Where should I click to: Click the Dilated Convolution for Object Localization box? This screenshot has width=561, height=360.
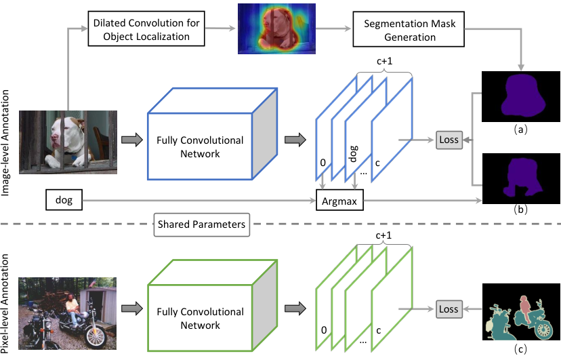tap(146, 29)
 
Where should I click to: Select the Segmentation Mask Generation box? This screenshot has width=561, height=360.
tap(409, 29)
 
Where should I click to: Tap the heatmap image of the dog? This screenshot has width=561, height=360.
tap(276, 28)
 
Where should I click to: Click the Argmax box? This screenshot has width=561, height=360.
tap(339, 201)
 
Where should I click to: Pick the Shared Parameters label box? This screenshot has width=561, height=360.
tap(202, 224)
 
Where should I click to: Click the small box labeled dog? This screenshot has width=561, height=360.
tap(64, 200)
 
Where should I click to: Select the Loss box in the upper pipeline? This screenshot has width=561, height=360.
tap(449, 140)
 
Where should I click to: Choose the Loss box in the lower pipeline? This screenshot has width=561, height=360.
tap(449, 309)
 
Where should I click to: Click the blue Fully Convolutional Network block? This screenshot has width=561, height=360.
tap(213, 134)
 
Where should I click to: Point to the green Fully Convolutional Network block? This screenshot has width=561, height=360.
tap(213, 305)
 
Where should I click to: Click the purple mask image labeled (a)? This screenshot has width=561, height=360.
tap(521, 97)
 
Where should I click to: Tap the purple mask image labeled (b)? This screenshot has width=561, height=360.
tap(521, 178)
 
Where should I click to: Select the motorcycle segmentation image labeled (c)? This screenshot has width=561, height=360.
tap(521, 312)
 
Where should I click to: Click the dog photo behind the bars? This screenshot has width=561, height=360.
tap(68, 142)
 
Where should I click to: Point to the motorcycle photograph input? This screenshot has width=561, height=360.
tap(67, 313)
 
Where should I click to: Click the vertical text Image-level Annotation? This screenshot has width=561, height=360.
tap(5, 142)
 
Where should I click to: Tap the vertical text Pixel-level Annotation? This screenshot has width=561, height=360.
tap(5, 304)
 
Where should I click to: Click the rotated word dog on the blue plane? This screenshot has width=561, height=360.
tap(353, 153)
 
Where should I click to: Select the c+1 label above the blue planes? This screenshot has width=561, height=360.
tap(385, 61)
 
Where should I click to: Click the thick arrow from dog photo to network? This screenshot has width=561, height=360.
tap(132, 140)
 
